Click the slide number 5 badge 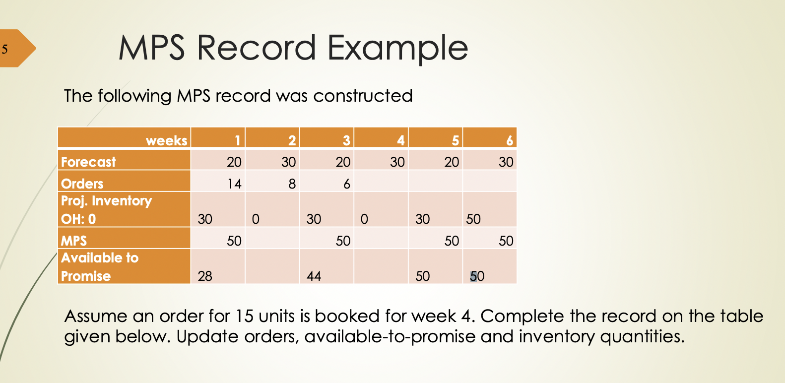6,49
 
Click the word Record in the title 256,48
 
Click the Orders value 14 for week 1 234,184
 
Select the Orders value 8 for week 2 292,184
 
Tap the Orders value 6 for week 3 346,184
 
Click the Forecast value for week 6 506,162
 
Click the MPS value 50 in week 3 343,241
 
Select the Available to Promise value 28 205,276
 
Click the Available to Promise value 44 314,276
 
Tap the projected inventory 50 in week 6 473,219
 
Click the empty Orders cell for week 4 381,181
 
